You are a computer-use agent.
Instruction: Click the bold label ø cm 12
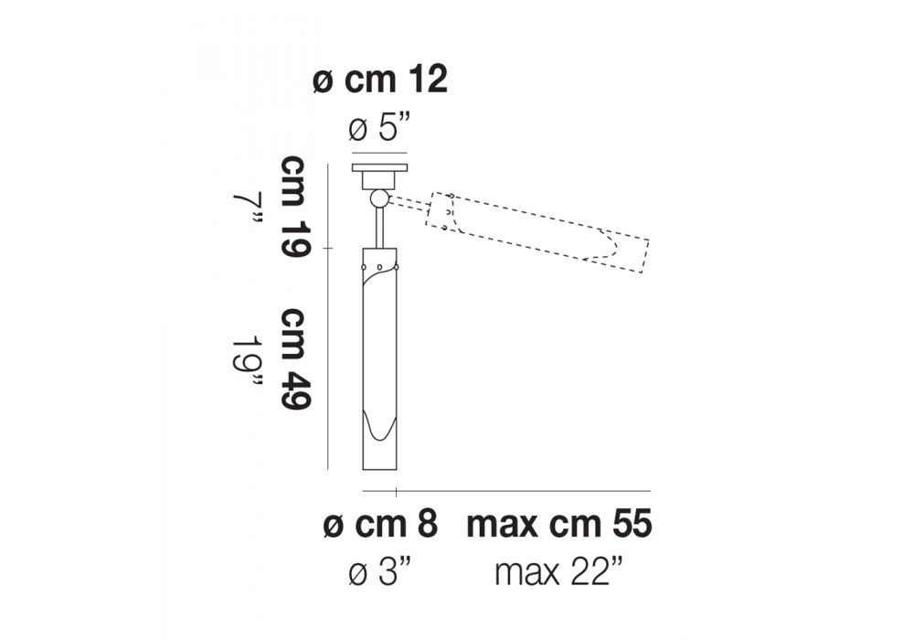click(x=380, y=80)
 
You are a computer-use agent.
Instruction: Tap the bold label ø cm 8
click(x=380, y=524)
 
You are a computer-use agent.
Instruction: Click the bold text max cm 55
click(x=559, y=524)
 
